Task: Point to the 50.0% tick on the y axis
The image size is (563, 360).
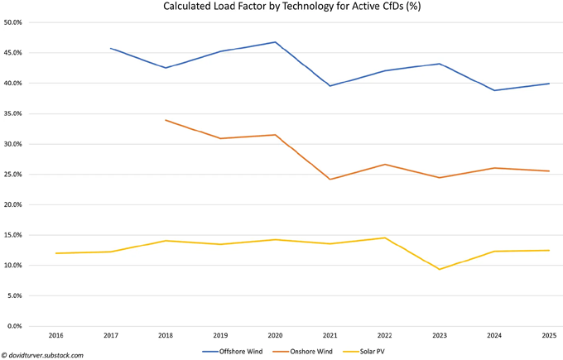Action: [x=22, y=22]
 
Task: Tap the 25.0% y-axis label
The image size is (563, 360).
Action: [x=22, y=174]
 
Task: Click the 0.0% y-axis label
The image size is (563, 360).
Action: [x=23, y=325]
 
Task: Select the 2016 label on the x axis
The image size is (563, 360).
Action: [x=55, y=337]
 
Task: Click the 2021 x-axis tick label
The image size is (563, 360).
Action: [x=330, y=337]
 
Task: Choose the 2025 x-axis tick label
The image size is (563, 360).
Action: [x=549, y=337]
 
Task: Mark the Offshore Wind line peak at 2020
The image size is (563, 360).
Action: [x=275, y=42]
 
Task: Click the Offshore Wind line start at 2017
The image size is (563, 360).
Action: [x=110, y=48]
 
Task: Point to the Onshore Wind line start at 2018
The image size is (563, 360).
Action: [x=166, y=120]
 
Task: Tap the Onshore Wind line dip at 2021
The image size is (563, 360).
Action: [x=330, y=180]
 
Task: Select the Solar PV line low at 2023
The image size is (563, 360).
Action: [x=440, y=269]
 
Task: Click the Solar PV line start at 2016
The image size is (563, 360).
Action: [x=55, y=253]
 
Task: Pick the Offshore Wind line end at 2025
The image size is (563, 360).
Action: [x=549, y=84]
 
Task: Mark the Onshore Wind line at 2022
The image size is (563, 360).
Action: [x=385, y=165]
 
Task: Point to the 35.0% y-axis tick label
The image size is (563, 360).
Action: [x=22, y=113]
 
